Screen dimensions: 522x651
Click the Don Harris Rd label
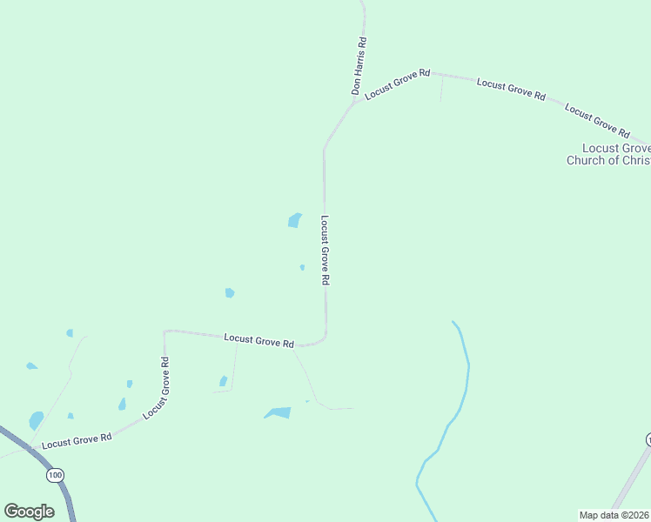[359, 65]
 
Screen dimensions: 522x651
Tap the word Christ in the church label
[628, 160]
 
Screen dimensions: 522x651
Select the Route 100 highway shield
[56, 475]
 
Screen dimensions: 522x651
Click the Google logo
[29, 512]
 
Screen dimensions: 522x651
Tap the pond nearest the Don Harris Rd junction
[295, 221]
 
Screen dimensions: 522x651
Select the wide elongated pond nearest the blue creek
[279, 412]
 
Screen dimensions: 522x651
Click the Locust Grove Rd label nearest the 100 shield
[77, 439]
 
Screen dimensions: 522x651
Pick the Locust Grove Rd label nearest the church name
[597, 120]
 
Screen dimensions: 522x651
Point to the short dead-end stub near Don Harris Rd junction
[441, 87]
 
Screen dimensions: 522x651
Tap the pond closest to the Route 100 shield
[36, 421]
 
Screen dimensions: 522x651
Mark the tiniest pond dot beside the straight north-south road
[302, 267]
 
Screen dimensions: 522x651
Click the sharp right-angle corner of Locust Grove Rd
[165, 331]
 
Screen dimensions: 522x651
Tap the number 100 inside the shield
[56, 475]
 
